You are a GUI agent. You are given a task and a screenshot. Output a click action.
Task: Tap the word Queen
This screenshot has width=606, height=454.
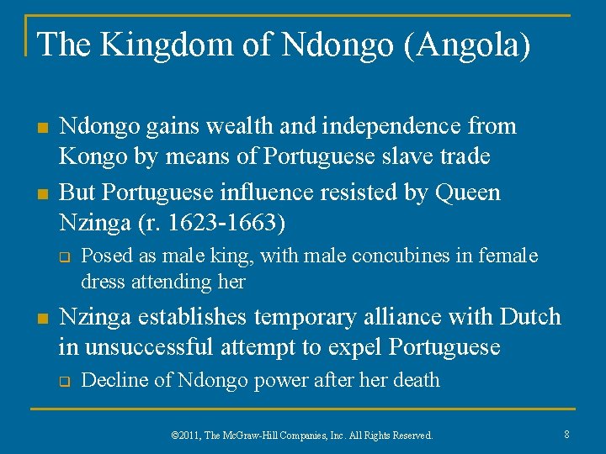(x=468, y=193)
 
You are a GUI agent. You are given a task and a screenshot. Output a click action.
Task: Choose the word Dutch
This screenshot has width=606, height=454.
(x=530, y=317)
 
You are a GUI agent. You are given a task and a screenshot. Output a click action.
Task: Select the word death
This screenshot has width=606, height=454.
(x=415, y=380)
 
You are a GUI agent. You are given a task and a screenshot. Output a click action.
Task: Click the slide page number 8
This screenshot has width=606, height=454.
(x=567, y=434)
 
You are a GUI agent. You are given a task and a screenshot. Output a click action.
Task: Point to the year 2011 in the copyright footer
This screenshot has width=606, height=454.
(x=193, y=436)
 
